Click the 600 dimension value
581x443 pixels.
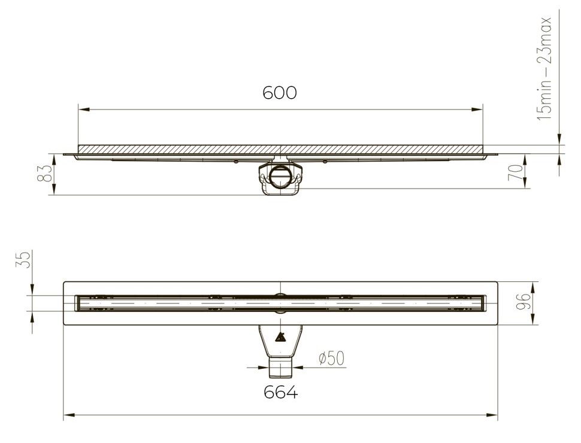point(280,93)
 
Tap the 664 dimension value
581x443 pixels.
point(280,392)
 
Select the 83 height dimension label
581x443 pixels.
point(45,174)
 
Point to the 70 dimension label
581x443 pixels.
point(516,172)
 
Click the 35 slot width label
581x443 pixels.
point(22,260)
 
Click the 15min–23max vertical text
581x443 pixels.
point(544,69)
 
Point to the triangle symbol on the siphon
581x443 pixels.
point(280,338)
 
